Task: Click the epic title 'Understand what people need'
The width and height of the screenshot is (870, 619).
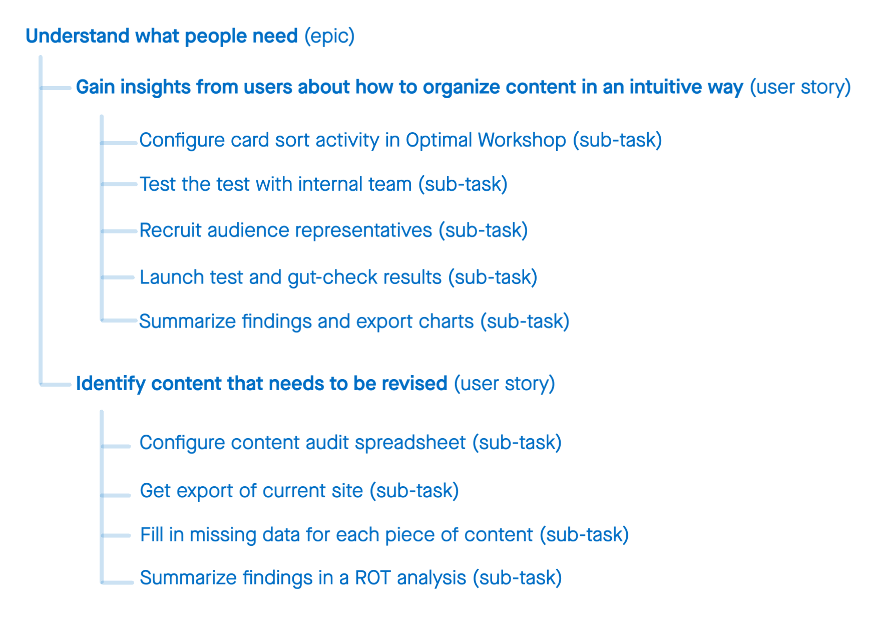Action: point(162,37)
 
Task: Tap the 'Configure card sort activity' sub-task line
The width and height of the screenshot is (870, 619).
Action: point(400,140)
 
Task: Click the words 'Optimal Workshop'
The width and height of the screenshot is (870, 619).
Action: point(486,140)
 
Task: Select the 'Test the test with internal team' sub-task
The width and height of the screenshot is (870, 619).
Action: point(323,184)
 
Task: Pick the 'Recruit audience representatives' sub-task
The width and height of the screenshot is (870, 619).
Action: point(333,230)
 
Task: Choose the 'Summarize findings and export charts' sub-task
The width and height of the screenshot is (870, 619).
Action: point(354,322)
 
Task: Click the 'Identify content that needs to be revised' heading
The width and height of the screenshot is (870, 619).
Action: point(261,384)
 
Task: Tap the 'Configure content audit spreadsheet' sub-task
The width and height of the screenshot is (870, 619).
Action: point(350,443)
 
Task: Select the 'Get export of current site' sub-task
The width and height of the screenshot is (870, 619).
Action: point(299,491)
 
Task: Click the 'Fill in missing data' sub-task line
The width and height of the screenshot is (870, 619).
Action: point(384,535)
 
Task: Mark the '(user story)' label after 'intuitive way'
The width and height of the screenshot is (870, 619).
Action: point(800,87)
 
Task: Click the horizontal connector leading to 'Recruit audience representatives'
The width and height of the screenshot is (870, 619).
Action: point(119,231)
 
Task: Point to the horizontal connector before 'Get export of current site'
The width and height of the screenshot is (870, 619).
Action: point(116,495)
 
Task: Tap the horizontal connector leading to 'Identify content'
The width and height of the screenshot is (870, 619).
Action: point(56,385)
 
